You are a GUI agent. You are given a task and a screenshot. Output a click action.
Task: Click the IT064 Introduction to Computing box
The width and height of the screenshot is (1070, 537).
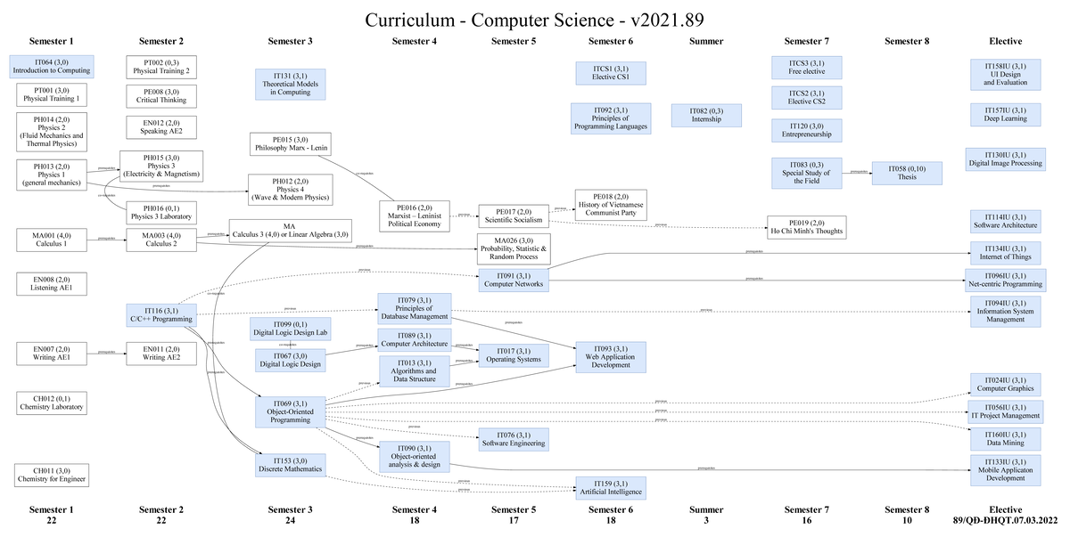51,66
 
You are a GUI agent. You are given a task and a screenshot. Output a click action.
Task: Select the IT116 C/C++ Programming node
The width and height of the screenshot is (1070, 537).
161,314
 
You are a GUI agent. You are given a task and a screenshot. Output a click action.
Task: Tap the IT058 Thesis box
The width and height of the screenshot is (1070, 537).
907,173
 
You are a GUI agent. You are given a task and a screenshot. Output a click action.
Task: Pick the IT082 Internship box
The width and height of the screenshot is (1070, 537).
706,115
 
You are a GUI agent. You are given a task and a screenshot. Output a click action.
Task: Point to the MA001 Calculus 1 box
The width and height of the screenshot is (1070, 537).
51,240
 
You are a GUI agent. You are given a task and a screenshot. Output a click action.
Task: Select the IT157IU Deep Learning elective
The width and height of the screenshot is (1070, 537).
1005,114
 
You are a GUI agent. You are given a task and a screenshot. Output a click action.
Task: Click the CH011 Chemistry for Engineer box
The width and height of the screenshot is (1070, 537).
51,475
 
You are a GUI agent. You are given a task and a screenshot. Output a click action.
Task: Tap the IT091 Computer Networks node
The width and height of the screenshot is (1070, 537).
513,280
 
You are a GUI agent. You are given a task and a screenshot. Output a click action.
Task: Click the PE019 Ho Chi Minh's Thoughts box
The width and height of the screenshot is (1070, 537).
805,226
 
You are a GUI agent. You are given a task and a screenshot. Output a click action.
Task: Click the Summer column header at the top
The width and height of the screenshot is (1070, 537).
706,41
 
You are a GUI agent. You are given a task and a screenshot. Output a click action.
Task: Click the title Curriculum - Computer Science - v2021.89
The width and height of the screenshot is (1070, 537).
535,20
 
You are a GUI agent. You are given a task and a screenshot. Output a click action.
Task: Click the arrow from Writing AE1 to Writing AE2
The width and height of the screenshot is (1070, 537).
106,354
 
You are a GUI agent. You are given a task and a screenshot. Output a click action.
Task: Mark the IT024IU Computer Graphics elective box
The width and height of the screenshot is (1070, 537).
1005,384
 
